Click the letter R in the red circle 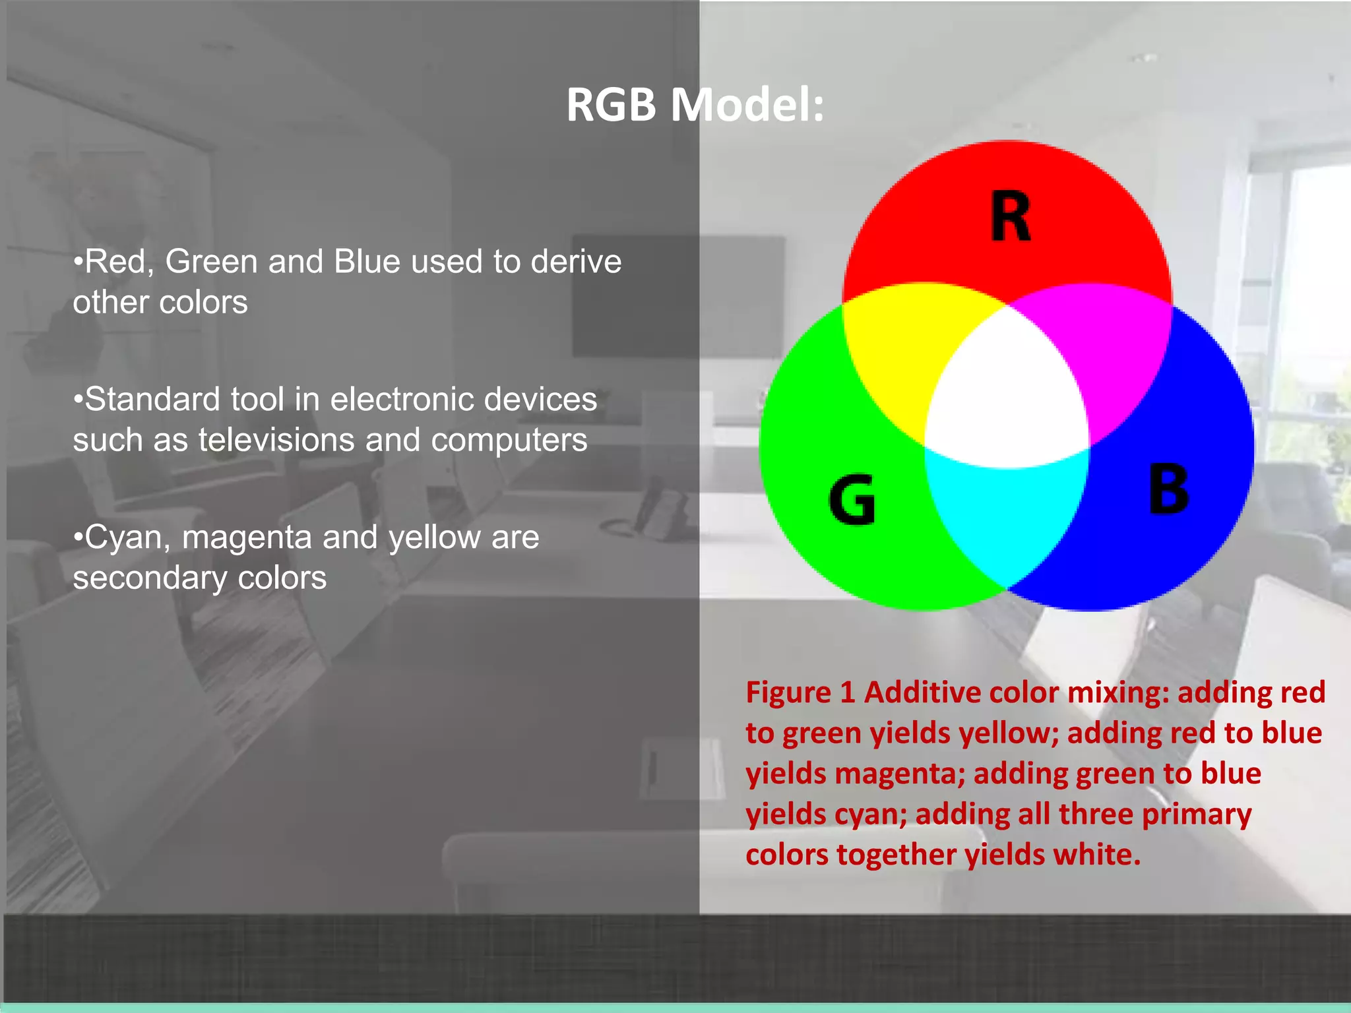[1010, 217]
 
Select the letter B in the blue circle [1168, 489]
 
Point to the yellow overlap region [904, 350]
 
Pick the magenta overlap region [1108, 350]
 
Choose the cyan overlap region [1006, 514]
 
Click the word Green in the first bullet [211, 262]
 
